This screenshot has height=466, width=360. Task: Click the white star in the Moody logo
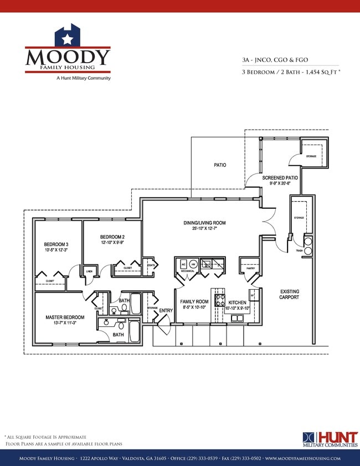click(67, 39)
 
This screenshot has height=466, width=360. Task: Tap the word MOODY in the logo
click(68, 57)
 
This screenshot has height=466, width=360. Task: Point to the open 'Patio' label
click(220, 165)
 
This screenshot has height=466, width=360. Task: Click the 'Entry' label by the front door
click(166, 310)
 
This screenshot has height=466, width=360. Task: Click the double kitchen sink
click(238, 318)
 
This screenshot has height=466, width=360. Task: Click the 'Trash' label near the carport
click(299, 251)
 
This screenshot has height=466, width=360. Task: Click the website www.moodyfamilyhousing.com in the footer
click(302, 459)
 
